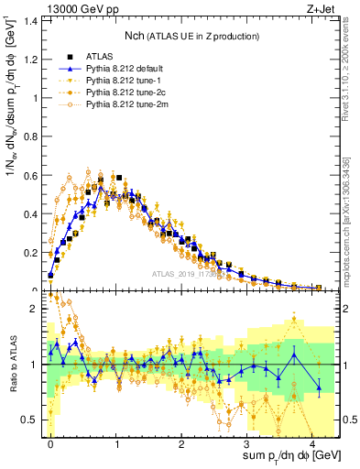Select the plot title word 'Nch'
point(136,35)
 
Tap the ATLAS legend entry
point(108,57)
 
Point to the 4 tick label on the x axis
point(314,444)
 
